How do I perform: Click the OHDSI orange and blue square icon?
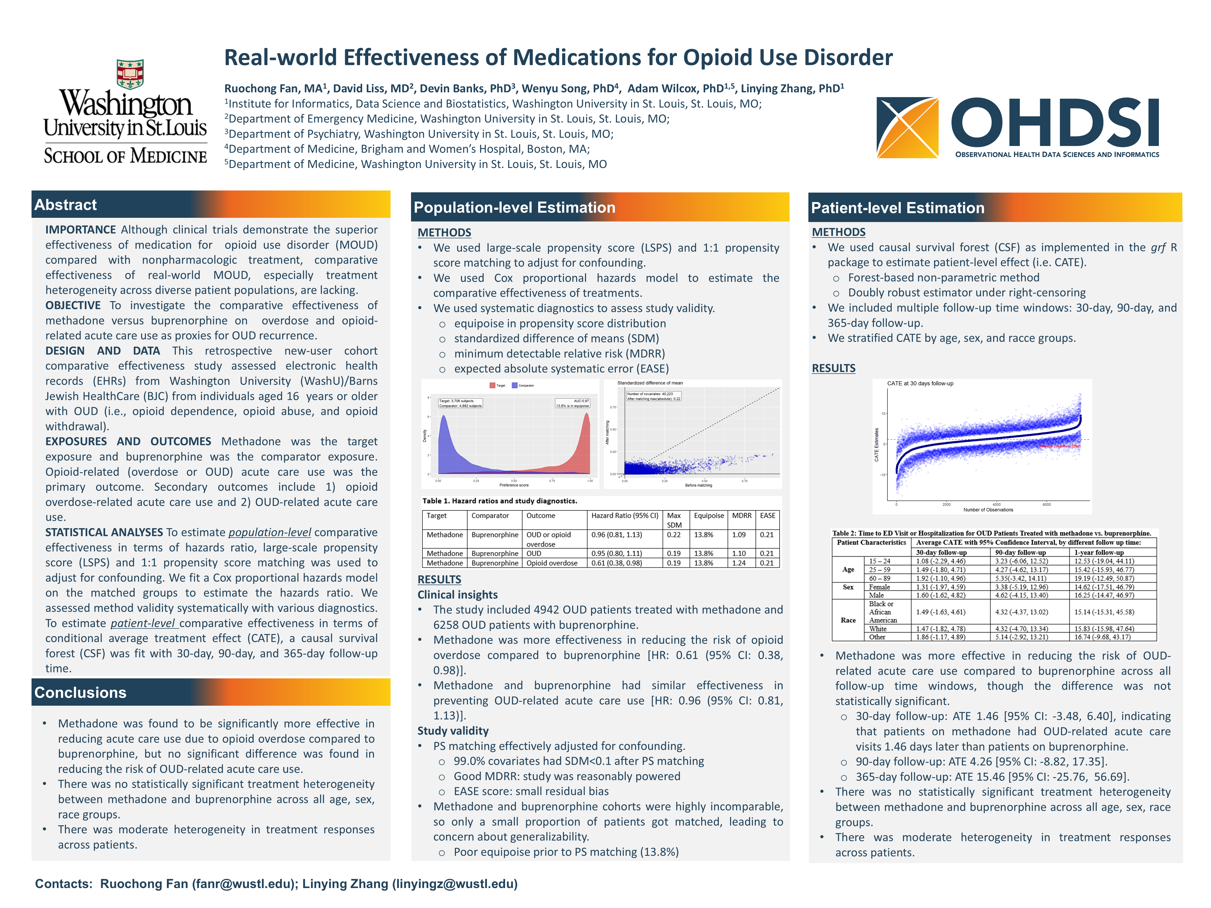907,127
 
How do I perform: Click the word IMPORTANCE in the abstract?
80,230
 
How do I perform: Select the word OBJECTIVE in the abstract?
73,305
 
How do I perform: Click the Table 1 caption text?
499,501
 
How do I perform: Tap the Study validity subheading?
453,731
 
